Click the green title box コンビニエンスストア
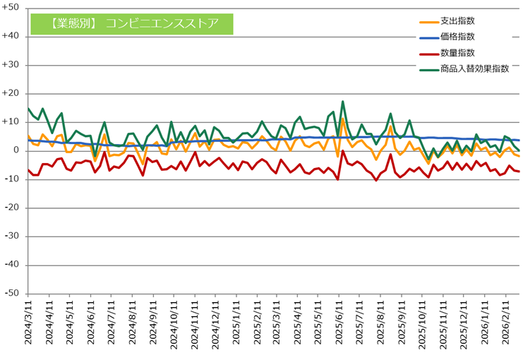point(131,23)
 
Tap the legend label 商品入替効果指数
point(474,69)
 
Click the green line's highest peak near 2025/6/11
point(343,102)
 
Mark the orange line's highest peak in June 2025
point(343,119)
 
